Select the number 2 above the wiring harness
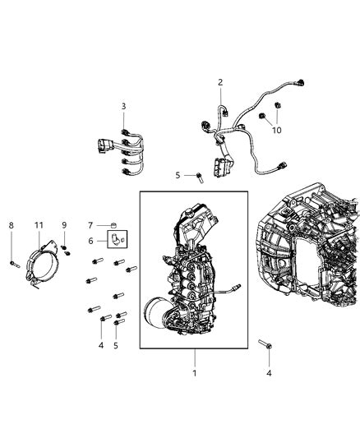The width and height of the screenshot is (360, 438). pos(220,82)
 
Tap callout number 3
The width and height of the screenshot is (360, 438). pos(123,106)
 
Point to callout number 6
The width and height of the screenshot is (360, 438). pos(92,240)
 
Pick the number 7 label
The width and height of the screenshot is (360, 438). pos(92,224)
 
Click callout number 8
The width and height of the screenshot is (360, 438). pos(11,224)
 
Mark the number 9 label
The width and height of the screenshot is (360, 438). pos(64,224)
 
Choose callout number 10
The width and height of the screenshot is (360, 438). pos(277,131)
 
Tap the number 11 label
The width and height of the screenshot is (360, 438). pos(39,224)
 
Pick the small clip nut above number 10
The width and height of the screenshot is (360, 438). pos(278,107)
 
